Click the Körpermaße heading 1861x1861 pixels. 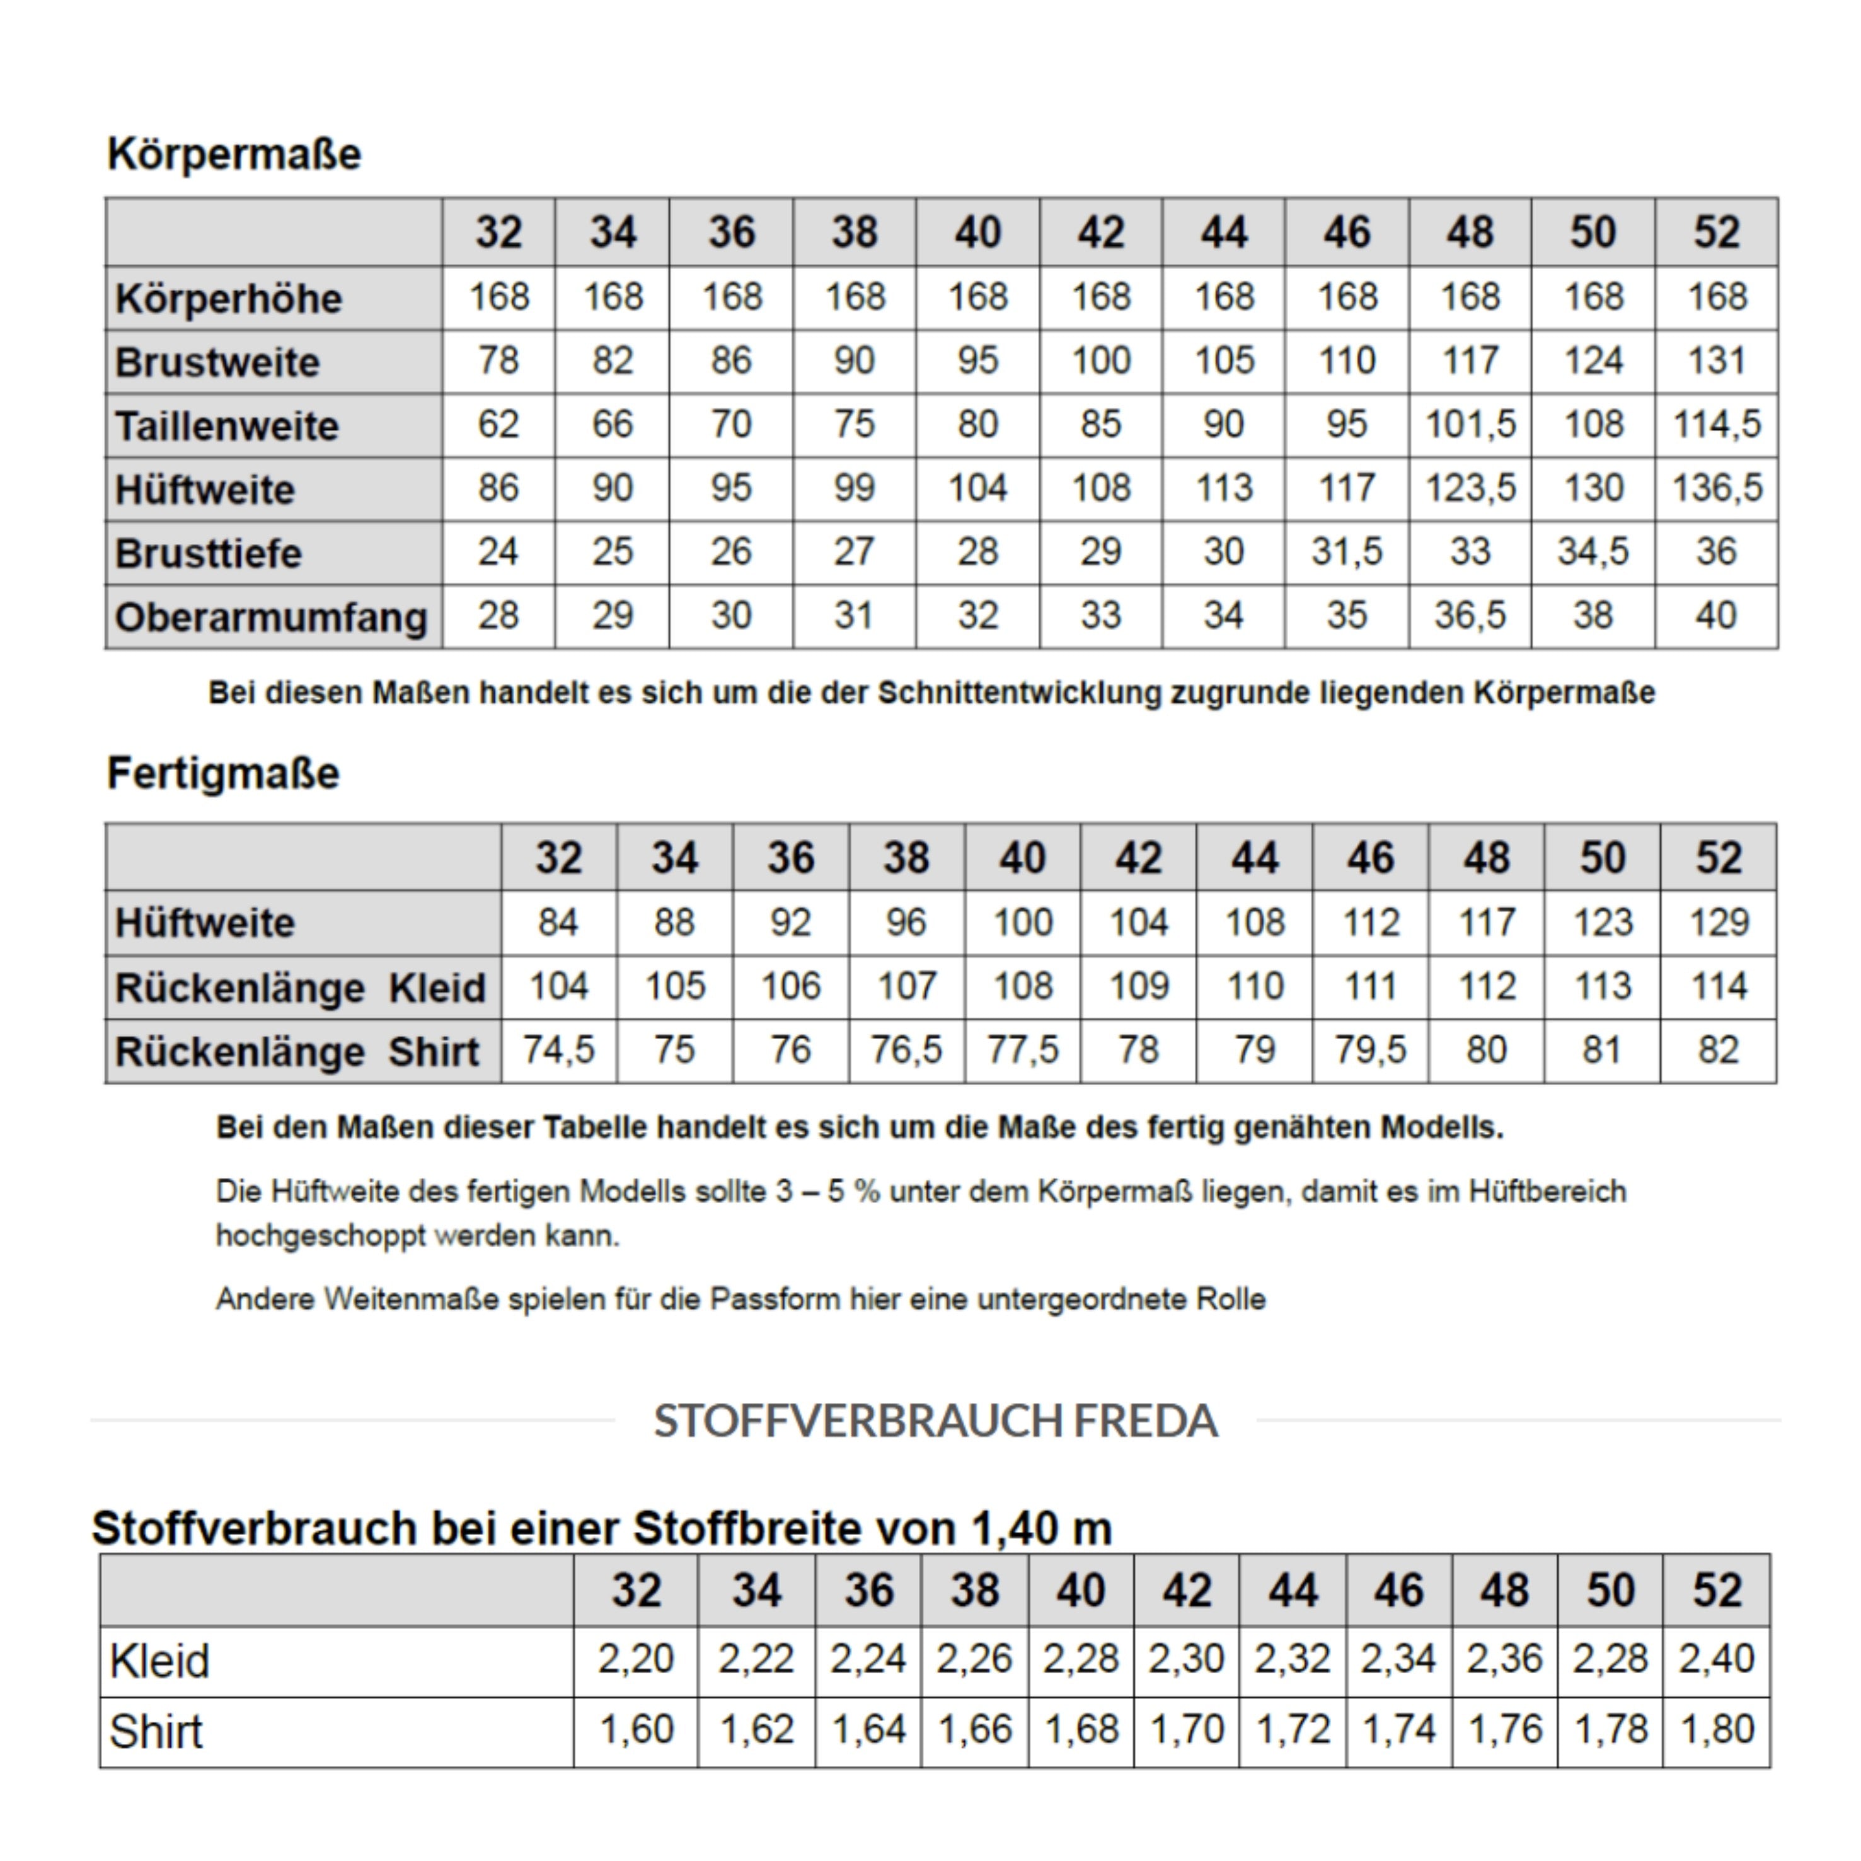point(234,154)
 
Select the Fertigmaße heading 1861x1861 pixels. point(224,773)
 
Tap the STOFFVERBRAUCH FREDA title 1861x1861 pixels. point(935,1420)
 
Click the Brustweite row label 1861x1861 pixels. point(217,363)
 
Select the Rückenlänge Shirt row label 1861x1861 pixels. point(297,1052)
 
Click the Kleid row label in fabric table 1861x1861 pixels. point(159,1661)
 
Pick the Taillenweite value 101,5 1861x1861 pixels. point(1470,425)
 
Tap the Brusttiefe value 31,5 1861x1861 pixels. point(1347,552)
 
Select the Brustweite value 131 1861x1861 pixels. point(1717,361)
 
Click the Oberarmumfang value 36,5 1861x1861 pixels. point(1470,616)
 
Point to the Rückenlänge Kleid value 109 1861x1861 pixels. point(1139,986)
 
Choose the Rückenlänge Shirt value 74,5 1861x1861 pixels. point(559,1050)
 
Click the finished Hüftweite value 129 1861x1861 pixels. point(1719,923)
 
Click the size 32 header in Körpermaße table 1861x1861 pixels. point(498,233)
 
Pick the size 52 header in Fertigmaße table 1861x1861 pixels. point(1719,858)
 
